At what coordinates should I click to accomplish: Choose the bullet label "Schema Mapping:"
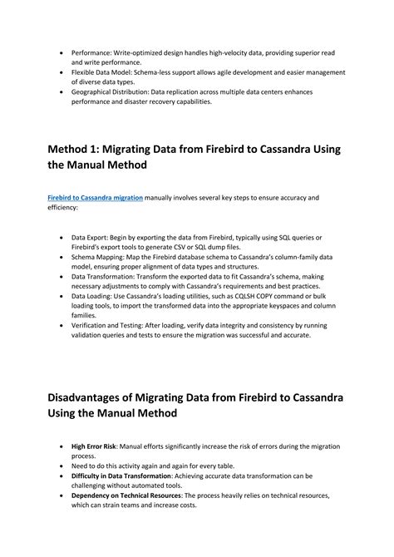pyautogui.click(x=101, y=258)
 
